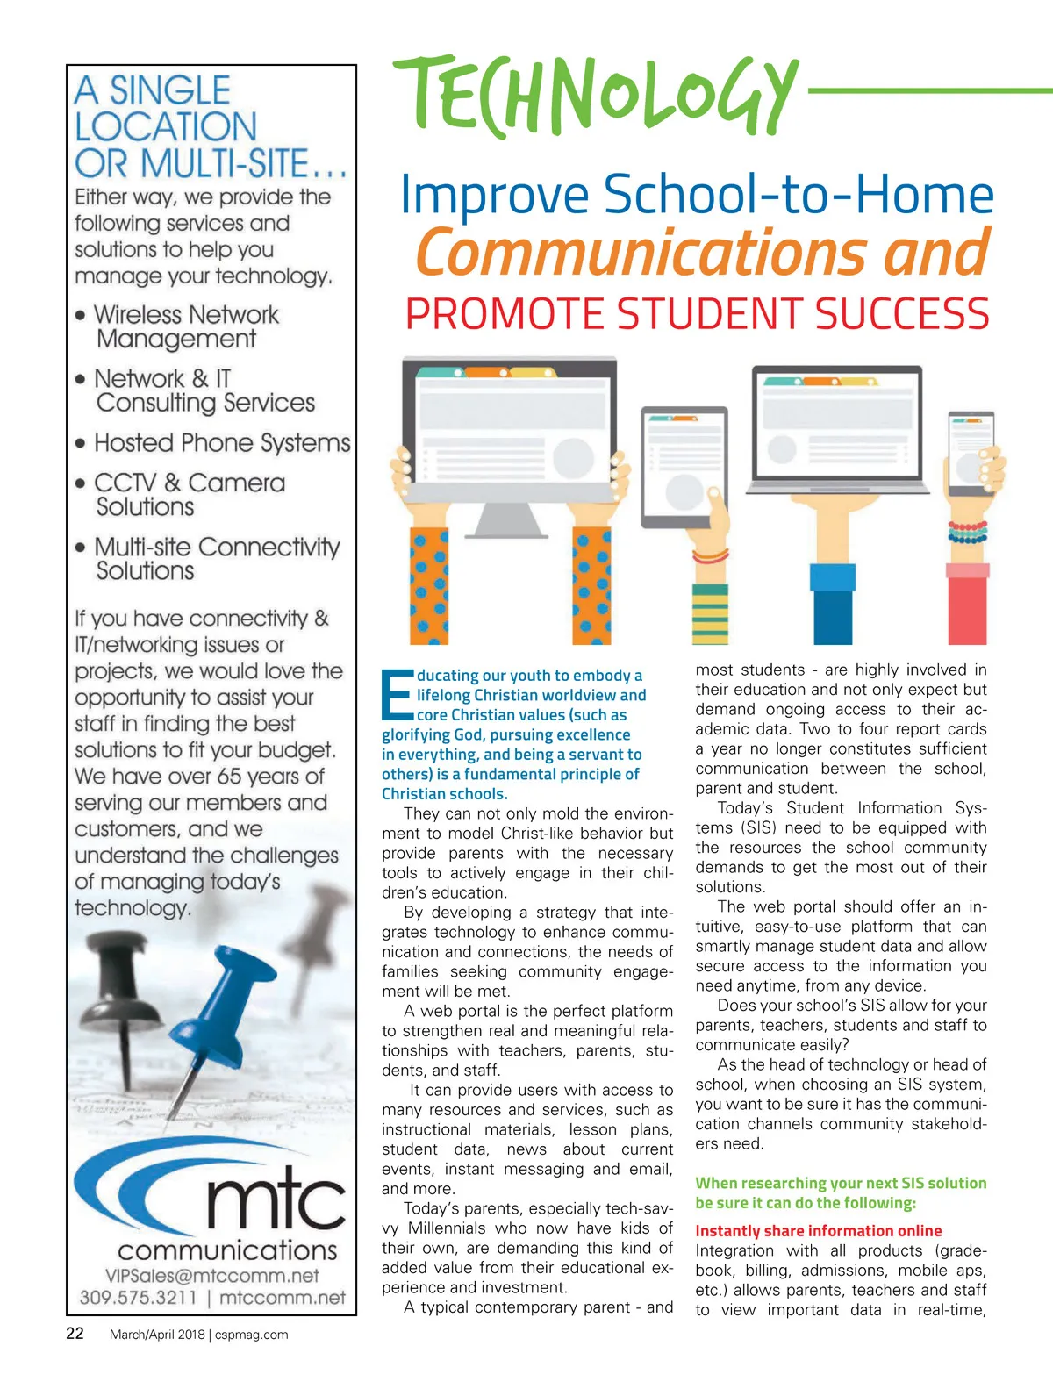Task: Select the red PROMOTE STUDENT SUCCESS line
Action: [697, 314]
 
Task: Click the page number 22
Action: [75, 1333]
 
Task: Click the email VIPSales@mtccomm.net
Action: [211, 1275]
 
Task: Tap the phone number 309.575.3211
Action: [138, 1297]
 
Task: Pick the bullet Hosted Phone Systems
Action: [222, 443]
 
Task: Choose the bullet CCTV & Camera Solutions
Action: [189, 495]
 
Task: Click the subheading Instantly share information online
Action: [818, 1231]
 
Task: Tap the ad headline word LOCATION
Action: [166, 127]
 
